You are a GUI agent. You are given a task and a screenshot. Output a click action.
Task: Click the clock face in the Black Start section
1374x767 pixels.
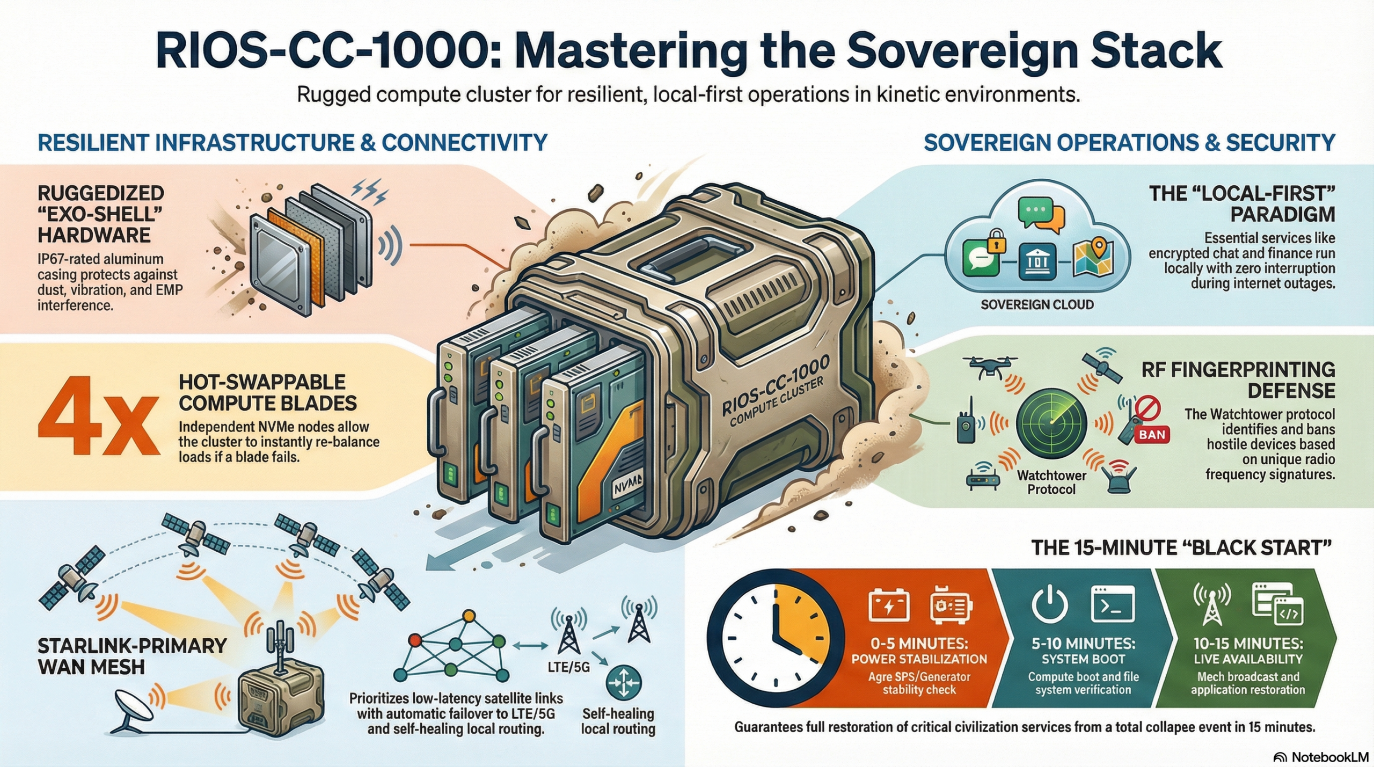(775, 639)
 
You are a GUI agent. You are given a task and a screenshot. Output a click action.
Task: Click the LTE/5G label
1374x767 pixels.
(569, 667)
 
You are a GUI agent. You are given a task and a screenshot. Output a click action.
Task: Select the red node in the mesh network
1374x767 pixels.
(414, 640)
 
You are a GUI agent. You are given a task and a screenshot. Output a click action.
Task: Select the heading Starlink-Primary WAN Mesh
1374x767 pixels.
(132, 656)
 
